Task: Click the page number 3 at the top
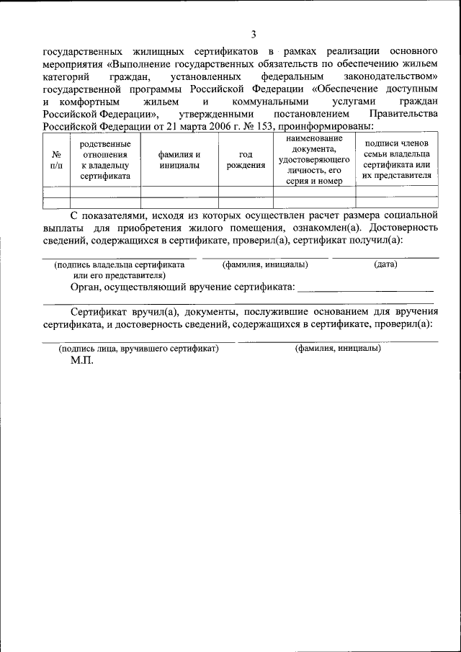click(x=253, y=34)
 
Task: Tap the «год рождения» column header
click(x=246, y=159)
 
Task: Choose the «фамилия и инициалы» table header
click(x=179, y=159)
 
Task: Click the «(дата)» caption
click(x=386, y=264)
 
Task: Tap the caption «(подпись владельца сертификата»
click(x=120, y=264)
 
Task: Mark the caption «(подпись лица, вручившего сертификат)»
click(x=139, y=348)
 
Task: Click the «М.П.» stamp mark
click(x=82, y=360)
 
